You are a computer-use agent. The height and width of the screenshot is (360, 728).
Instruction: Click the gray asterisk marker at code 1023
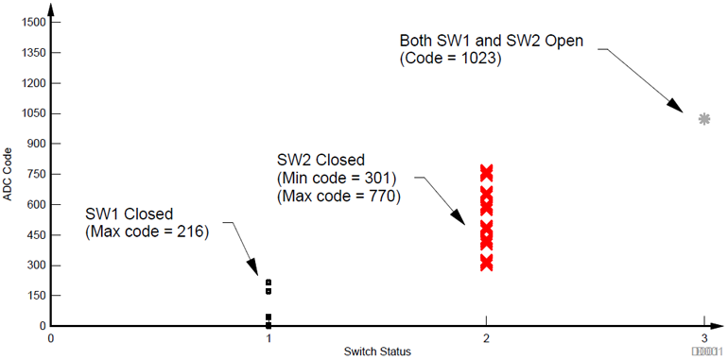(704, 119)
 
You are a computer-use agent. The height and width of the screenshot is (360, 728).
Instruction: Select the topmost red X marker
(487, 172)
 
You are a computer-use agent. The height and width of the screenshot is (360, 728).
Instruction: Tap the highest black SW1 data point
(269, 283)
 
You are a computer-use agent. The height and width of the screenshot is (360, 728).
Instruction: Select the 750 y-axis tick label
(35, 174)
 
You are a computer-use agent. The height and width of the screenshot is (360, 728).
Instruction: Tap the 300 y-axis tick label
(35, 266)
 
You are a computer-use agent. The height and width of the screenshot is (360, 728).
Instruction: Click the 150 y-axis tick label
(35, 296)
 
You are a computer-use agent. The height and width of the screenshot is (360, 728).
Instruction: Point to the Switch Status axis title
(377, 351)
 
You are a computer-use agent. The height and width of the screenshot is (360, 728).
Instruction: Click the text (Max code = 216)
(147, 231)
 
